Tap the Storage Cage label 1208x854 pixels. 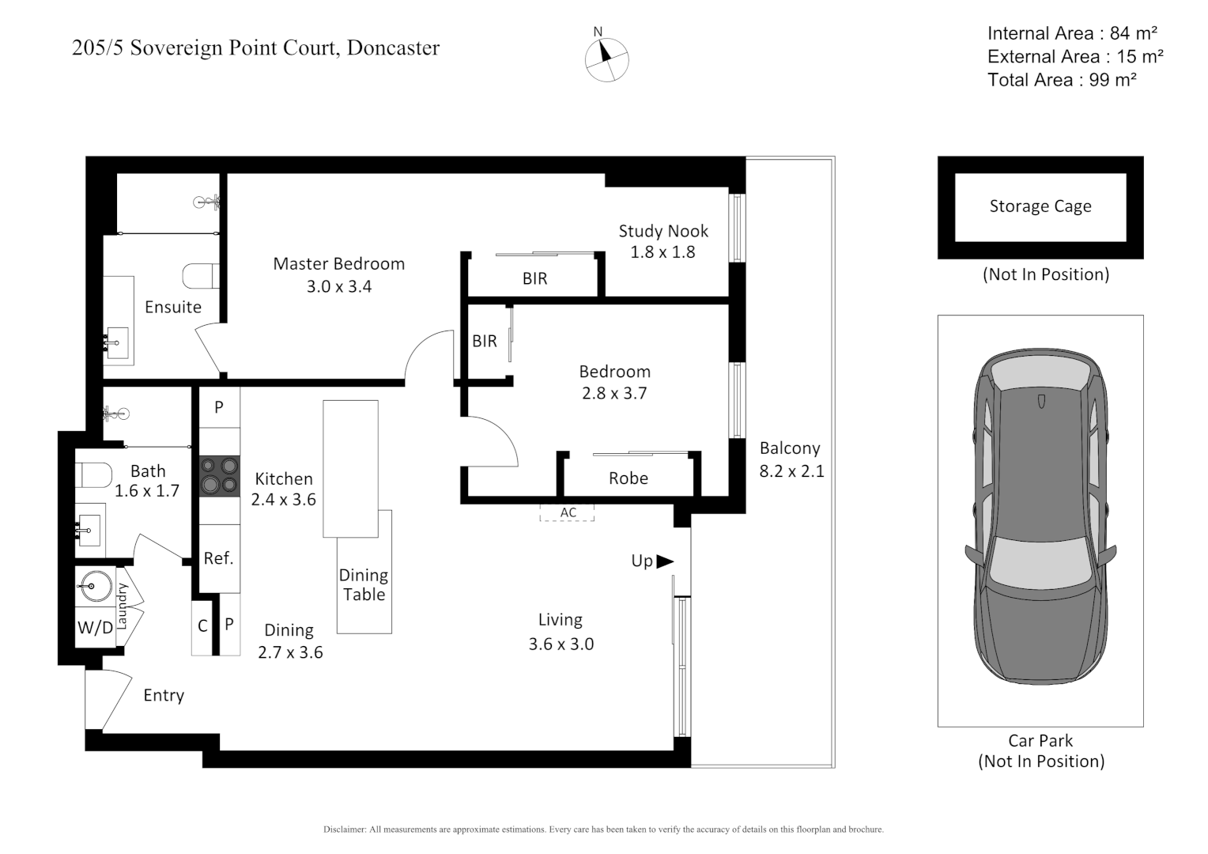tap(1040, 206)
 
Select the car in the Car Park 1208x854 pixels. tap(1041, 516)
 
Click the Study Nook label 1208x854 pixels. tap(663, 231)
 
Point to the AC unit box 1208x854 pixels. tap(568, 512)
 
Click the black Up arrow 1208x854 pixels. tap(665, 561)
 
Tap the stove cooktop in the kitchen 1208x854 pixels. tap(220, 476)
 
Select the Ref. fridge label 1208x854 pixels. tap(218, 557)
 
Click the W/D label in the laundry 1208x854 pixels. tap(96, 627)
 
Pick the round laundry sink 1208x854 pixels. tap(96, 585)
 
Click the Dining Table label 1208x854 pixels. tap(364, 585)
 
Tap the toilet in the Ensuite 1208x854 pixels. tap(201, 276)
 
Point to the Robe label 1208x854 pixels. tap(629, 478)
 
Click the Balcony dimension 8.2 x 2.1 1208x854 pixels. tap(791, 471)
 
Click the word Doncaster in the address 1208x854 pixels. tap(393, 47)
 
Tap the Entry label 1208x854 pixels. tap(164, 695)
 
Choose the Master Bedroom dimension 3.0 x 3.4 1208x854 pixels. tap(339, 286)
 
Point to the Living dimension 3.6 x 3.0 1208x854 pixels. tap(561, 644)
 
